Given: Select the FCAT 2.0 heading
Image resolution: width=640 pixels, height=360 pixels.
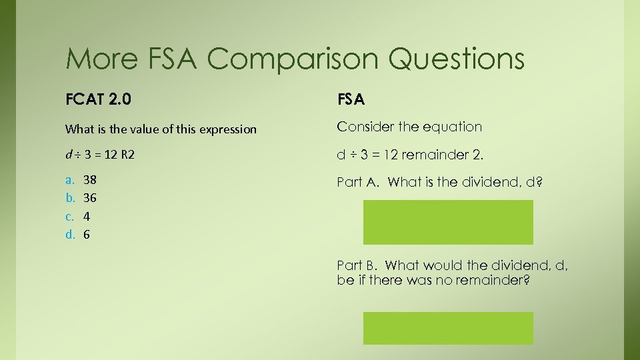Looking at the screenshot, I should click(98, 100).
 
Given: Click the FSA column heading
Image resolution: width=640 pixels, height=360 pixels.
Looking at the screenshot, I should click(351, 100).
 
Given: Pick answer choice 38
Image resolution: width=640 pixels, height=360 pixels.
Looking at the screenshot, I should click(91, 179).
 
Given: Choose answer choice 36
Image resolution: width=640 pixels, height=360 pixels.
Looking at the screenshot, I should click(91, 198).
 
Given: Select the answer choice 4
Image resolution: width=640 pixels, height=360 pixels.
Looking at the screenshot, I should click(87, 216).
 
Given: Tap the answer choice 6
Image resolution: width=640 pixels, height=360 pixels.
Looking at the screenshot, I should click(87, 235).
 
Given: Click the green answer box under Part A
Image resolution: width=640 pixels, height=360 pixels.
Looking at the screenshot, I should click(448, 222).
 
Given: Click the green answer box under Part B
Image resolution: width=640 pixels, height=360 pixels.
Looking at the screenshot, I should click(448, 328).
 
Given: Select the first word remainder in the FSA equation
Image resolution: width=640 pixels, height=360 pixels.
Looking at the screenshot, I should click(430, 155).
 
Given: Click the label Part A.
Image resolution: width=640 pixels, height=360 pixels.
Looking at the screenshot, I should click(358, 182).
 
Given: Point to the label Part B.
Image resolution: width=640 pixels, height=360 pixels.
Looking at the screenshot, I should click(358, 266).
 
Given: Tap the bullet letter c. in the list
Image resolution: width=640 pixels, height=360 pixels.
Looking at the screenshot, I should click(69, 216).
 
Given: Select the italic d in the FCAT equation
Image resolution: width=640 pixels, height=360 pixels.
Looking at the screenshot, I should click(69, 155).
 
